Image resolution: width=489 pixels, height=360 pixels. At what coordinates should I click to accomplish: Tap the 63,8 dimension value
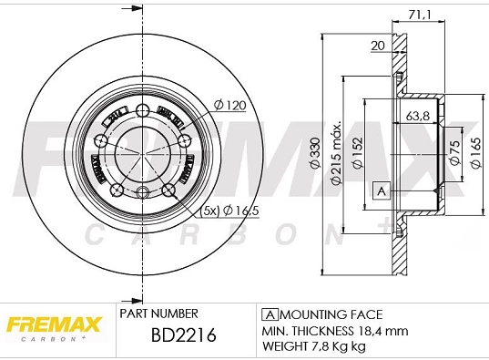(418, 116)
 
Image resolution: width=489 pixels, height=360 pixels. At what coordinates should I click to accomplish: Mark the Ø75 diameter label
(453, 150)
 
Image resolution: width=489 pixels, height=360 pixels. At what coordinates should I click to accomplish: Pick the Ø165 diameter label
(474, 150)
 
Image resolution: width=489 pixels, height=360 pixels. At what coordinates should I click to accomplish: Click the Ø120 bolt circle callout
(231, 106)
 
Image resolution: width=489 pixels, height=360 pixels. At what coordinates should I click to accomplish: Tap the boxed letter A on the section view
(382, 190)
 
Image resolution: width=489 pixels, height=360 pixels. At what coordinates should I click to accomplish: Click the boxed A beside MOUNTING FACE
(269, 313)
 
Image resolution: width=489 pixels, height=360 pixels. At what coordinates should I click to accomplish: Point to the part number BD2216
(182, 335)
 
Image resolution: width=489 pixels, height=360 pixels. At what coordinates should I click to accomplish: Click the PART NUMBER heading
(158, 313)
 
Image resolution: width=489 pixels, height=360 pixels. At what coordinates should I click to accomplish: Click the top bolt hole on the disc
(141, 111)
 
